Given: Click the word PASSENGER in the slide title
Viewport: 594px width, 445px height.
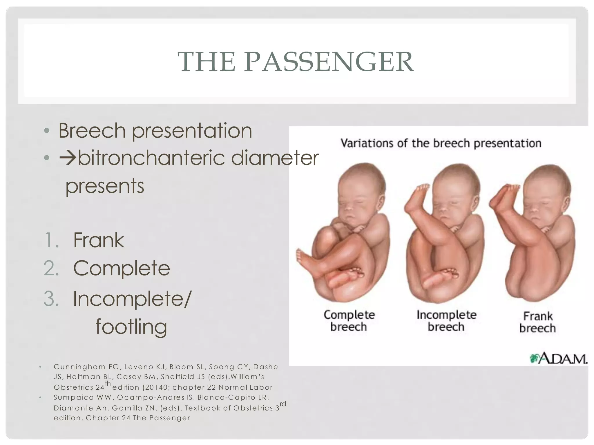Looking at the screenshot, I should coord(329,62).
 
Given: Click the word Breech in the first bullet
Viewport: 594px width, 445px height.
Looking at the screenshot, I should coord(92,131).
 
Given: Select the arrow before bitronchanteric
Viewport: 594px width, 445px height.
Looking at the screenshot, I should coord(68,158).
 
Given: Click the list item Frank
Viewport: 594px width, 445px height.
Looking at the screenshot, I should coord(99,240).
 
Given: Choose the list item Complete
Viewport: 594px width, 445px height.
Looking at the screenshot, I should coord(122,268).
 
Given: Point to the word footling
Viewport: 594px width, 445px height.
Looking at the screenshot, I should coord(131,327).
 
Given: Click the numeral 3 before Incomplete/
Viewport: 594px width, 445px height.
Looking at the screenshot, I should coord(51,299).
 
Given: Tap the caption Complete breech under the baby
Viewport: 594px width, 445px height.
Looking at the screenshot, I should coord(349,321).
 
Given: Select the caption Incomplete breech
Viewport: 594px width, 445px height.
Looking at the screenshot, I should coord(446,321).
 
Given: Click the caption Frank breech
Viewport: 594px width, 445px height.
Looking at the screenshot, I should coord(537,322).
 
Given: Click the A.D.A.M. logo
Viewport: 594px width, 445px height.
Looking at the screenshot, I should coord(558,358).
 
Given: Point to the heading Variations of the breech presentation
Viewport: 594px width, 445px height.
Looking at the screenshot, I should coord(441,143).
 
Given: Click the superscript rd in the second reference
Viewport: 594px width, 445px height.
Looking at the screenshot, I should coord(283,404).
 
